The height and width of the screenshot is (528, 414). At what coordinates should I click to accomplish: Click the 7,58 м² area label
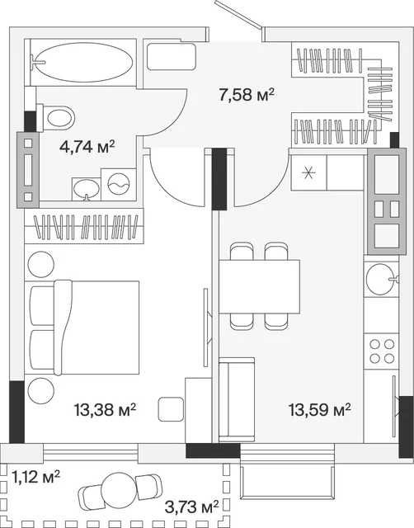point(247,95)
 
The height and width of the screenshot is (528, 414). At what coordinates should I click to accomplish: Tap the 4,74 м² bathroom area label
point(87,147)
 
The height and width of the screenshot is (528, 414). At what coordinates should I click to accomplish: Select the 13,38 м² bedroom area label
point(105,410)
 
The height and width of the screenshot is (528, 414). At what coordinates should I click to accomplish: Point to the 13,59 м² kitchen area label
point(319,410)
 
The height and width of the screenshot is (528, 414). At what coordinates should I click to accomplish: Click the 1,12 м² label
point(35,477)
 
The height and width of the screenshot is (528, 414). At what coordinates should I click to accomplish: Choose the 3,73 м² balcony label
point(191,507)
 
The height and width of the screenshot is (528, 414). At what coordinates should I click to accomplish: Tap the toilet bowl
point(57,118)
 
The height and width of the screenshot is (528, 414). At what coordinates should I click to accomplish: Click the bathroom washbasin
point(86,189)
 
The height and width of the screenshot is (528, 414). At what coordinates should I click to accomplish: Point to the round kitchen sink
point(381,279)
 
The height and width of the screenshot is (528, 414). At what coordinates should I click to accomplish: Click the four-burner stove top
point(382,351)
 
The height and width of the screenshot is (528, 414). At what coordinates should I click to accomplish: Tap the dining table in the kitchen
point(259,286)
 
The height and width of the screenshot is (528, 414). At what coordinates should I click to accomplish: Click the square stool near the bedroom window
point(171,409)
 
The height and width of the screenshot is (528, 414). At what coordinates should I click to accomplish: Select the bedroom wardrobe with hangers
point(84,226)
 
